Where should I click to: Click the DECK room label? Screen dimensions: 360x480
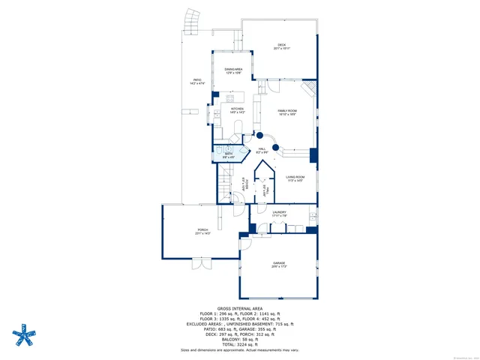point(281,46)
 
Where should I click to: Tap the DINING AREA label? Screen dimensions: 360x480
point(233,70)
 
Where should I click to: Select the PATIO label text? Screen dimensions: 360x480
point(197,81)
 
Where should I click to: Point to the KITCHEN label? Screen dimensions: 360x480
point(238,110)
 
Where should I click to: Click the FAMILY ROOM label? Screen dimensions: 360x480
point(287,112)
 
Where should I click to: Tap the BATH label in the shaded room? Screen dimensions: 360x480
point(229,155)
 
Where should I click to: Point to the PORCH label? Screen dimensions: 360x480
point(202,232)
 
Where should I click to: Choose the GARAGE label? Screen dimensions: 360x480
point(279,265)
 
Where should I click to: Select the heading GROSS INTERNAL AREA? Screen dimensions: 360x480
point(239,308)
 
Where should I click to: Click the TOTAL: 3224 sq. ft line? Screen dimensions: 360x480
point(239,344)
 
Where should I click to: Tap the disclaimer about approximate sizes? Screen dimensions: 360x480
point(239,349)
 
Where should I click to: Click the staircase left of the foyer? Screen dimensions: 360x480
point(226,182)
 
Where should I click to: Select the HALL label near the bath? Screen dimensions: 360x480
point(262,151)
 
